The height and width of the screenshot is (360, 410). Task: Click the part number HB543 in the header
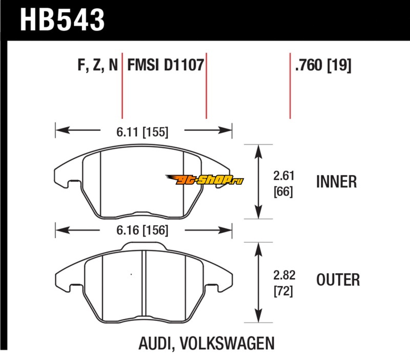point(62,20)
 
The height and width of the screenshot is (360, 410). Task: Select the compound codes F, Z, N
point(97,65)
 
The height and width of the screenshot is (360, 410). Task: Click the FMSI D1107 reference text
point(166,65)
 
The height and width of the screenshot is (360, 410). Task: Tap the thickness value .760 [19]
point(323,65)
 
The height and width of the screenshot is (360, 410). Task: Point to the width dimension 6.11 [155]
point(142,132)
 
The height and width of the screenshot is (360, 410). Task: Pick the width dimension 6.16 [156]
point(142,230)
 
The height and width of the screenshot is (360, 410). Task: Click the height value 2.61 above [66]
point(284,176)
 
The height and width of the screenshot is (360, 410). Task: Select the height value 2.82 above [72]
point(284,275)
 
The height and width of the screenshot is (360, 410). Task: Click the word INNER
point(337,182)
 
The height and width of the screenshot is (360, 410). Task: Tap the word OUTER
point(338,280)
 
